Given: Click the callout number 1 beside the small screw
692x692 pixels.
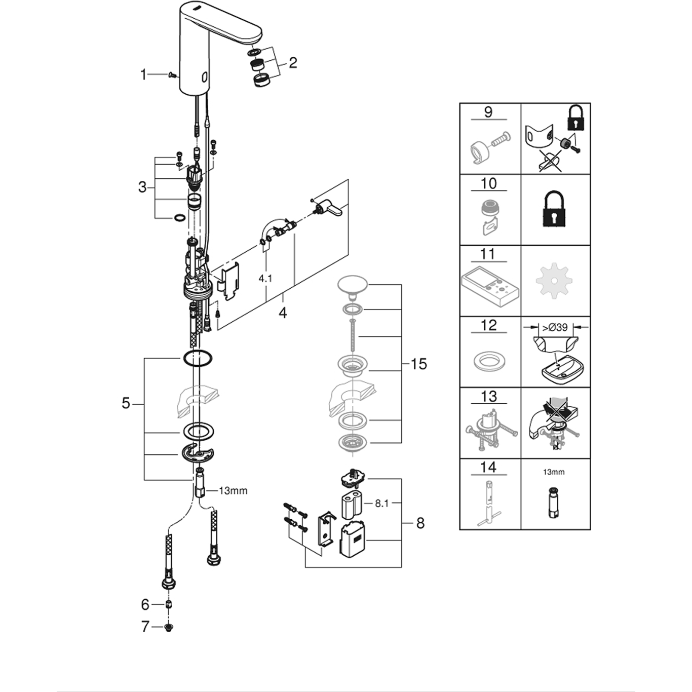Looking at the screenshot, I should (143, 75).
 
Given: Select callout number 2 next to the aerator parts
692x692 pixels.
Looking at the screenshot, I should (292, 63).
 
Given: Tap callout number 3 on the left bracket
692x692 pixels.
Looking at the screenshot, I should (142, 187).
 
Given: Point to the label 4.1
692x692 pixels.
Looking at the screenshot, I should (265, 278).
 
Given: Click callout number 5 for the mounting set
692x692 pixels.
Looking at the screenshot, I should (126, 403).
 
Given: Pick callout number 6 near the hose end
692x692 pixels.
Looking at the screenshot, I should (145, 604).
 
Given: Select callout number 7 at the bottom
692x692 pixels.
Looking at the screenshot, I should (145, 627).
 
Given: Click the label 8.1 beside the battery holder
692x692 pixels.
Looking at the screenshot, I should (382, 504).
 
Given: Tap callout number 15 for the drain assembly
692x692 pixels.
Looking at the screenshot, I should (419, 364).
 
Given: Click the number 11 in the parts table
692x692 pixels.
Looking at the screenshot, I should (488, 253).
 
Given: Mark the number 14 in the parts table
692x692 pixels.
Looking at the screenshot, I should (488, 467).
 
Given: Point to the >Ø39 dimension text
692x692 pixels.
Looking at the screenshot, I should (555, 327).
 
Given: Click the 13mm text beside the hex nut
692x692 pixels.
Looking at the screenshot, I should (233, 490).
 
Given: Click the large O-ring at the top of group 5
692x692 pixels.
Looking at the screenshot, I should (198, 359).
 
